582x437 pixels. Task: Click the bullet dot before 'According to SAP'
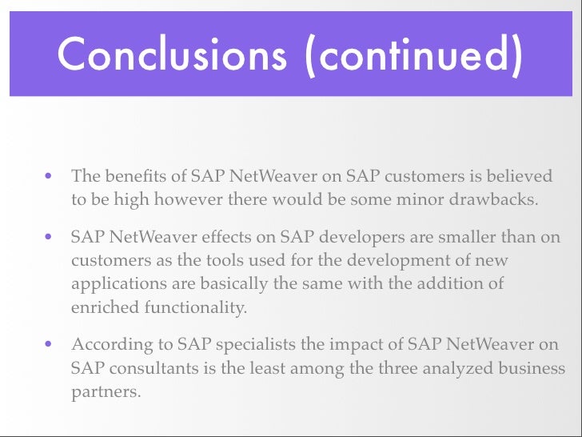coord(50,346)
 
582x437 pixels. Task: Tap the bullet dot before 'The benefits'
coord(50,175)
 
